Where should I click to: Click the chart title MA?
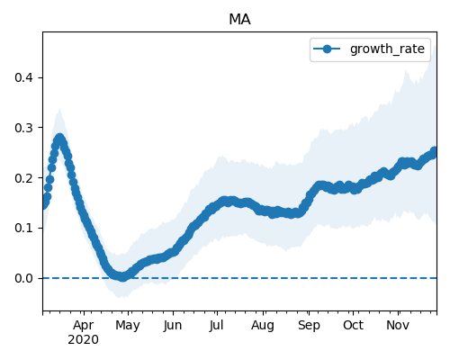pyautogui.click(x=239, y=20)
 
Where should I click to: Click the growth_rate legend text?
pyautogui.click(x=387, y=49)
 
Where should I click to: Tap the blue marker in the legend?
pyautogui.click(x=327, y=49)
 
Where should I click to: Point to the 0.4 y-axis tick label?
pyautogui.click(x=23, y=77)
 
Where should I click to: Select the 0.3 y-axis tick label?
pyautogui.click(x=23, y=128)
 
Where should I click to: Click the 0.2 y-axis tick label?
pyautogui.click(x=23, y=178)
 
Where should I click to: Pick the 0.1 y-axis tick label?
pyautogui.click(x=23, y=228)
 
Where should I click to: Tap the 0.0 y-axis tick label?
pyautogui.click(x=23, y=278)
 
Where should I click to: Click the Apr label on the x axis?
pyautogui.click(x=84, y=326)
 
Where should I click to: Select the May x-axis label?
pyautogui.click(x=128, y=326)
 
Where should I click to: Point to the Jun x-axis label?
pyautogui.click(x=173, y=326)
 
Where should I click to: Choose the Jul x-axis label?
pyautogui.click(x=216, y=325)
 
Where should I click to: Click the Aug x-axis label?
pyautogui.click(x=263, y=326)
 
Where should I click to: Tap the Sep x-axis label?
pyautogui.click(x=309, y=326)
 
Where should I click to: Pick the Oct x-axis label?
pyautogui.click(x=353, y=325)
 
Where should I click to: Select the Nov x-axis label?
pyautogui.click(x=398, y=325)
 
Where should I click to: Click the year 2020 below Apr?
pyautogui.click(x=83, y=340)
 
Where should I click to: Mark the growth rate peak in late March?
pyautogui.click(x=60, y=139)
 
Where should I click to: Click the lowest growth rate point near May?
pyautogui.click(x=122, y=277)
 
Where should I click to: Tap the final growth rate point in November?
pyautogui.click(x=434, y=151)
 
